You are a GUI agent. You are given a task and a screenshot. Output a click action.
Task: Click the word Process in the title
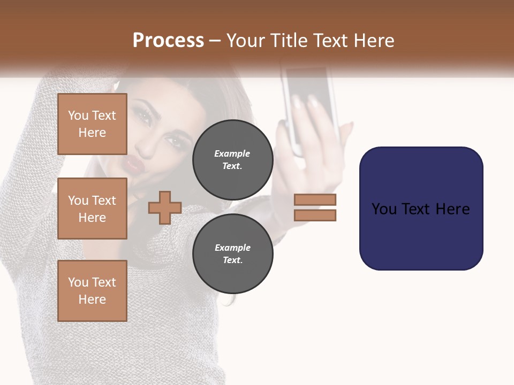(168, 41)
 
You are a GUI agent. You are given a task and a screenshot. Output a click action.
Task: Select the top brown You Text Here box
(92, 124)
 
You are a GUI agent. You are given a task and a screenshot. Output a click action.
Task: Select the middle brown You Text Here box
(92, 209)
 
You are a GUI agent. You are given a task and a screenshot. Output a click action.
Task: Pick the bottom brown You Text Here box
(92, 291)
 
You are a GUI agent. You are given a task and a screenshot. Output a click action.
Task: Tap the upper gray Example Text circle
(232, 159)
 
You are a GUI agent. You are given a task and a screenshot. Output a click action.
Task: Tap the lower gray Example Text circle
(232, 253)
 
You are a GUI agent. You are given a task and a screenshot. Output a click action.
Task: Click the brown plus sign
(165, 207)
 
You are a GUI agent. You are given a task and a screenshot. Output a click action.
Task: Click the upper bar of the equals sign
(315, 200)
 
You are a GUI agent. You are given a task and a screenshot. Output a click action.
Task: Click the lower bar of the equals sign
(315, 215)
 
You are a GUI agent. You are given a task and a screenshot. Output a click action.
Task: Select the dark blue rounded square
(421, 209)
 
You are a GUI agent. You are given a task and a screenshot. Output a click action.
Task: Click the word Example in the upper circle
(232, 153)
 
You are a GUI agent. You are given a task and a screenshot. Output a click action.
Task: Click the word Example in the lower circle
(232, 248)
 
